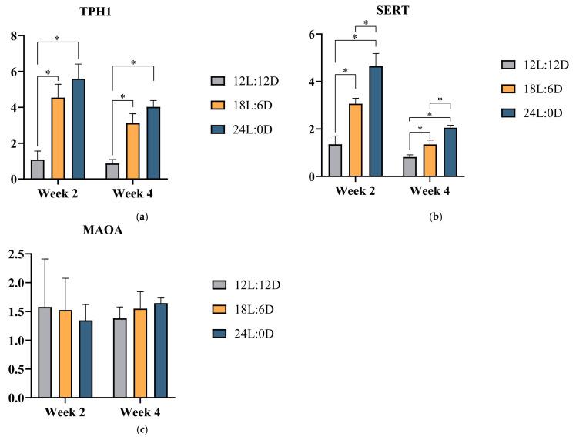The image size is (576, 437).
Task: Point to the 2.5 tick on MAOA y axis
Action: [x=12, y=254]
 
